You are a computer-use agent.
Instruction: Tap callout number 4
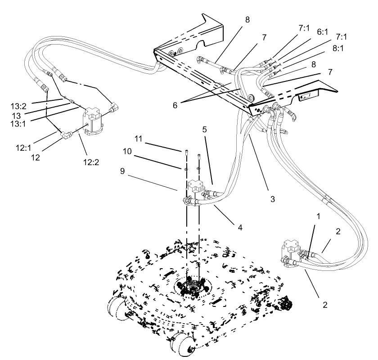pos(240,228)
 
